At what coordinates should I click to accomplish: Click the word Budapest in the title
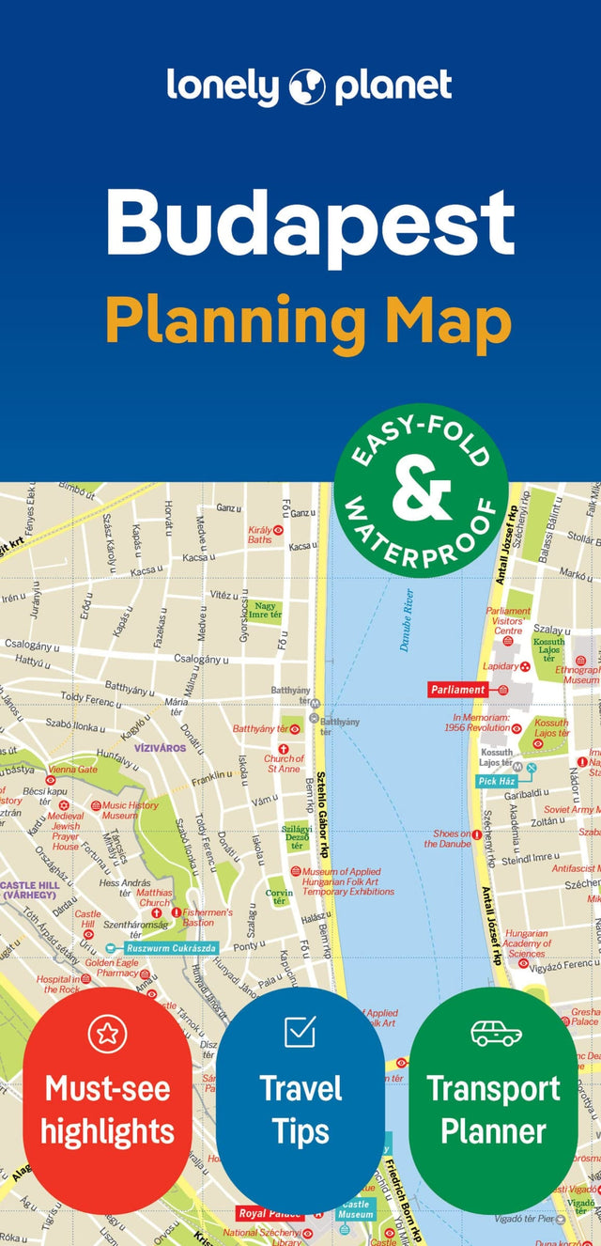click(310, 224)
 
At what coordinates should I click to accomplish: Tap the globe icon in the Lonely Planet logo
click(307, 86)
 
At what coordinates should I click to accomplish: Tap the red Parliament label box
click(458, 690)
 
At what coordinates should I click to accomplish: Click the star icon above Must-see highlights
click(107, 1034)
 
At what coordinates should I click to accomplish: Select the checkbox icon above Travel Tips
click(300, 1031)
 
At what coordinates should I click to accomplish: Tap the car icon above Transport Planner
click(494, 1032)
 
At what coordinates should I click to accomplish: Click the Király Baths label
click(260, 535)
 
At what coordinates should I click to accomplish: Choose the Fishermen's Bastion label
click(208, 917)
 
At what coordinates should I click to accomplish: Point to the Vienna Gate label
click(73, 770)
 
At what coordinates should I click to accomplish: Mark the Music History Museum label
click(131, 810)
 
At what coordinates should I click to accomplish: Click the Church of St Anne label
click(283, 764)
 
